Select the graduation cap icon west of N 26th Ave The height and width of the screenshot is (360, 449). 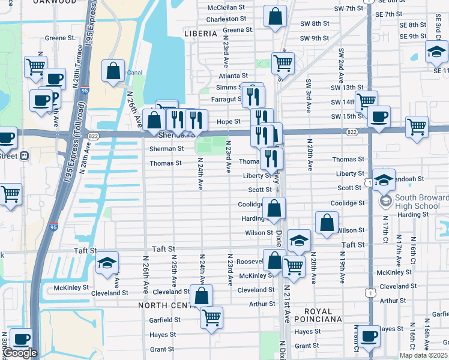107,263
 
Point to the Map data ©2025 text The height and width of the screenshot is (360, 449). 424,355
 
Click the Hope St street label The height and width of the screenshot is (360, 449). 228,121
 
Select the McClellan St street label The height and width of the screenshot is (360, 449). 226,8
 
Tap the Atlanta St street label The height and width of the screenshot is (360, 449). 233,76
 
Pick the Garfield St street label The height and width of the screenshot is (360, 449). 165,320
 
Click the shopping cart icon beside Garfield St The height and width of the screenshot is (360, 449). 211,317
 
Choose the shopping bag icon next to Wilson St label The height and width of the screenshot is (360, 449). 326,222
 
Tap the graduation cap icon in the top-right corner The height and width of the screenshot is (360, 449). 436,52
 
